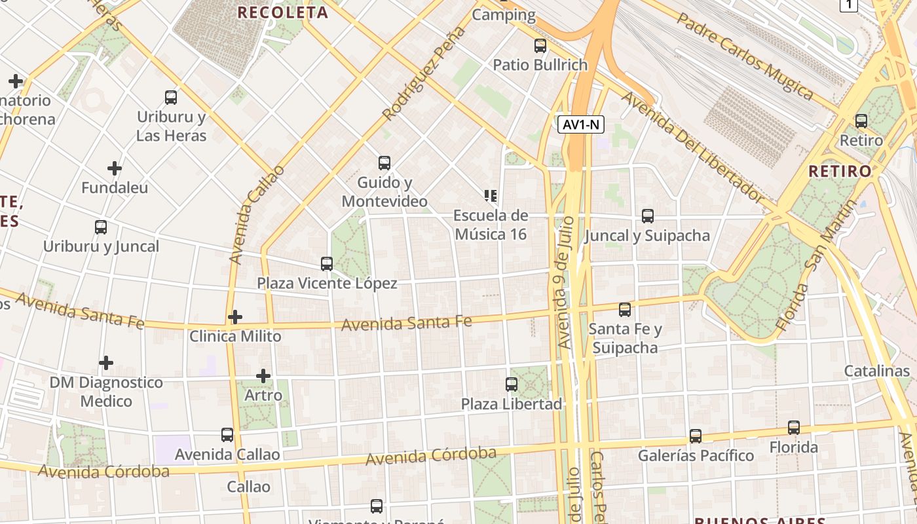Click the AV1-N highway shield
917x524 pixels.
tap(581, 124)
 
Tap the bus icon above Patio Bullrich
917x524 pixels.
tap(540, 46)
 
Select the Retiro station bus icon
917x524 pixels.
tap(861, 121)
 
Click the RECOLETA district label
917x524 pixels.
tap(283, 12)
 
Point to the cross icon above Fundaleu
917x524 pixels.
tap(115, 168)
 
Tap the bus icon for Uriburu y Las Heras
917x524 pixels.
tap(171, 98)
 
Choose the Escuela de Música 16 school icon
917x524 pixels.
tap(491, 195)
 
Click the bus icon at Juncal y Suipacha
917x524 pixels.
tap(648, 215)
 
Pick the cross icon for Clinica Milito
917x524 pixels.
tap(235, 317)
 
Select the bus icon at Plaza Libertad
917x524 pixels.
tap(512, 384)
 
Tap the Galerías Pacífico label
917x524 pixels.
tap(696, 455)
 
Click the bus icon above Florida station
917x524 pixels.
tap(794, 428)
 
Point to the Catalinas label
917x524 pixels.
tap(877, 371)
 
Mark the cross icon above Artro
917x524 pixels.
tap(263, 376)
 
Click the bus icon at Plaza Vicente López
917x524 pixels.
tap(327, 264)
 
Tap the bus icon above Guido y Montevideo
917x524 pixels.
tap(384, 162)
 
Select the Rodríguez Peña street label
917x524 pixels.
tap(424, 73)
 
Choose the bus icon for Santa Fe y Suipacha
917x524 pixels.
tap(625, 310)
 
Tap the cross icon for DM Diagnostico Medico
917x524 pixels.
tap(106, 362)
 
